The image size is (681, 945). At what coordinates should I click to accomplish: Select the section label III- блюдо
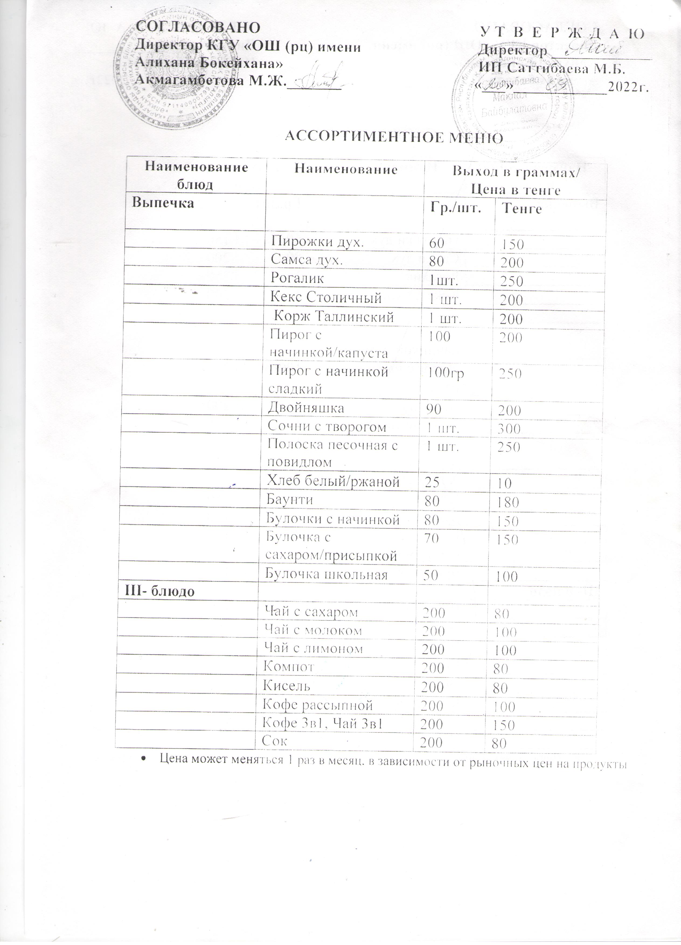tap(160, 592)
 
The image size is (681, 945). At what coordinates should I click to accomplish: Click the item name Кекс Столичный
tap(326, 297)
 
